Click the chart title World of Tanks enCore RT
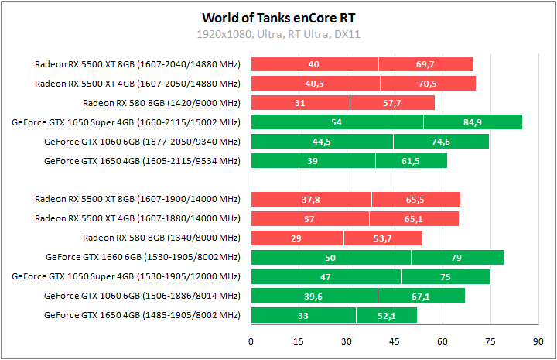pyautogui.click(x=278, y=17)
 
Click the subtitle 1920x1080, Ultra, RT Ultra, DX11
pyautogui.click(x=278, y=35)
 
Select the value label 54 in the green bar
pyautogui.click(x=336, y=122)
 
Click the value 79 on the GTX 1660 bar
pyautogui.click(x=456, y=257)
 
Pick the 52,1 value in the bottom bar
pyautogui.click(x=386, y=315)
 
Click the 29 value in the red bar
pyautogui.click(x=296, y=238)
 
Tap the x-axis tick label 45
pyautogui.click(x=394, y=341)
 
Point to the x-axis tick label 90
pyautogui.click(x=538, y=341)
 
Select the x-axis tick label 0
pyautogui.click(x=251, y=341)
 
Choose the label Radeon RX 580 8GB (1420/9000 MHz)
pyautogui.click(x=162, y=103)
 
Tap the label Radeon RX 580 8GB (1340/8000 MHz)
pyautogui.click(x=162, y=238)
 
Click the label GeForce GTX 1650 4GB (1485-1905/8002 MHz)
pyautogui.click(x=142, y=315)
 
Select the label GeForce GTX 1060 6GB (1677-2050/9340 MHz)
pyautogui.click(x=142, y=142)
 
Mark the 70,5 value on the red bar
pyautogui.click(x=427, y=84)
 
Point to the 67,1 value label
pyautogui.click(x=421, y=296)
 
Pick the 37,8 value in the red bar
pyautogui.click(x=310, y=200)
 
